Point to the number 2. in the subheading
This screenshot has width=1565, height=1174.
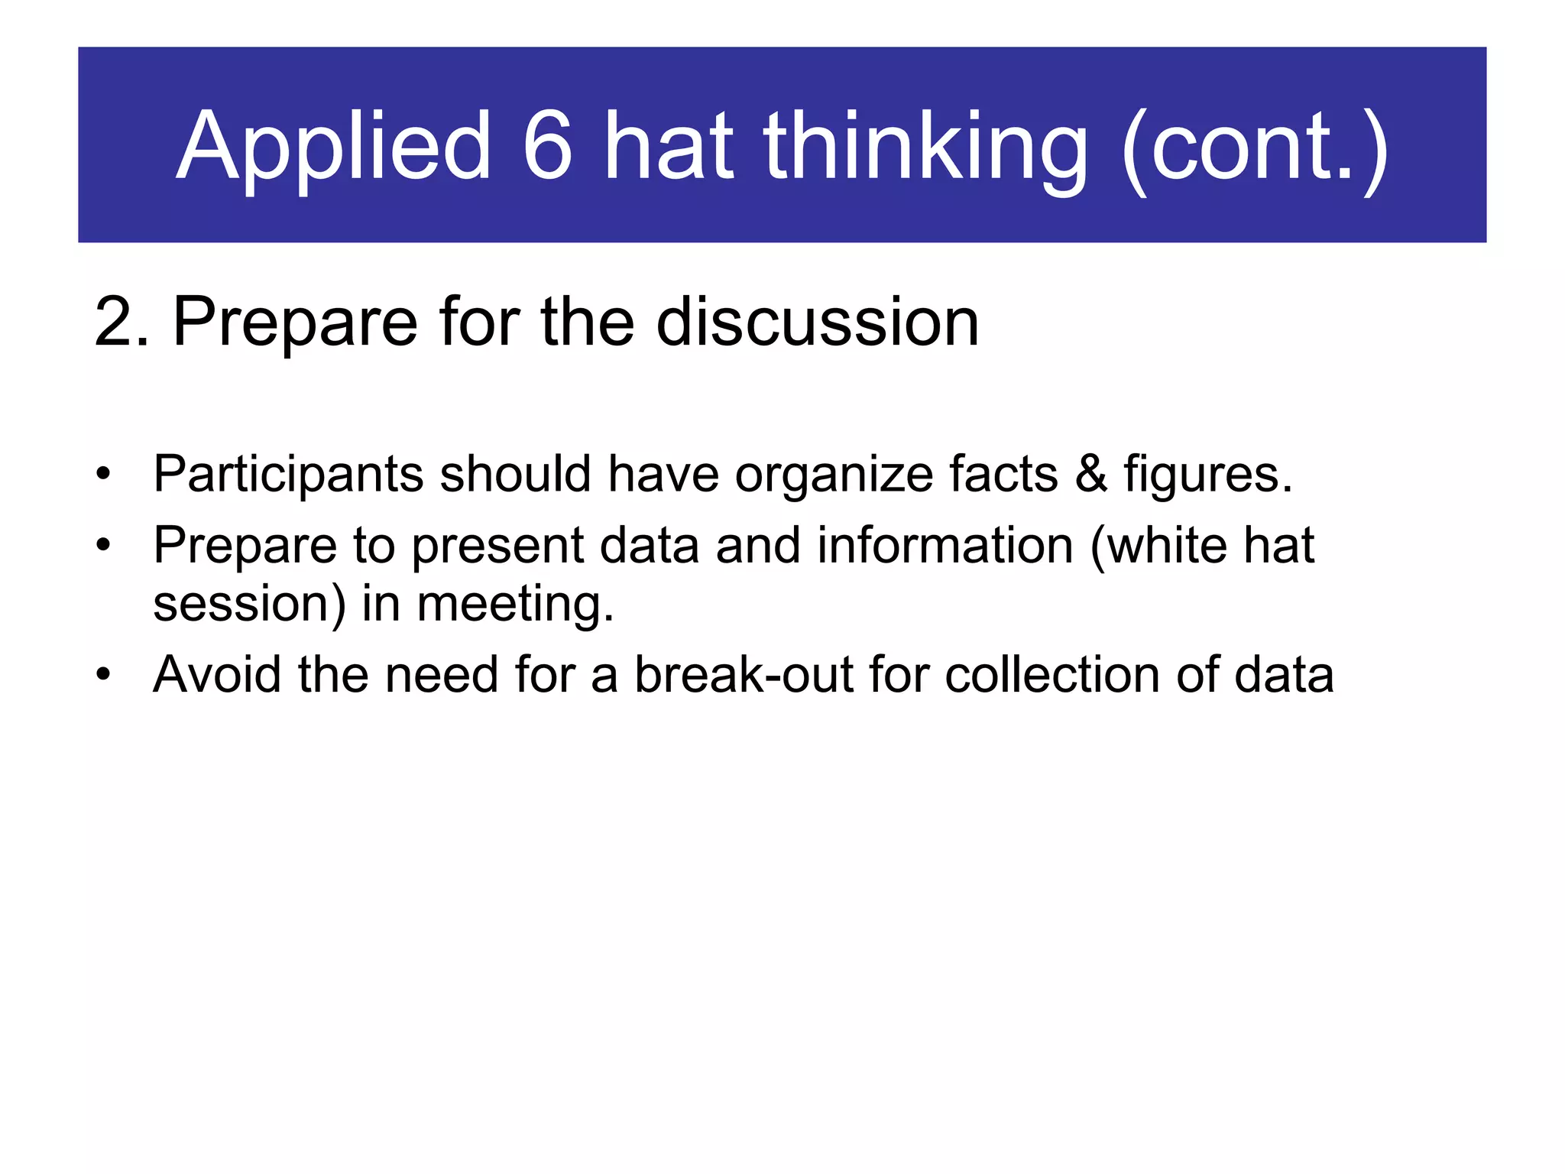122,323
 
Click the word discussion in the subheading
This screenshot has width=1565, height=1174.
817,323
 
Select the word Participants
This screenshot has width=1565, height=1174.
288,474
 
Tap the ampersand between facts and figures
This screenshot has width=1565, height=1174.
1090,474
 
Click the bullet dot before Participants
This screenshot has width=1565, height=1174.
103,475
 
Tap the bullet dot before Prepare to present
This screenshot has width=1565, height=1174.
103,546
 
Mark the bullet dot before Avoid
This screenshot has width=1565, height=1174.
103,675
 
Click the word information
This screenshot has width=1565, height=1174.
945,546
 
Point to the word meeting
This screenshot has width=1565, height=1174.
515,605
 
